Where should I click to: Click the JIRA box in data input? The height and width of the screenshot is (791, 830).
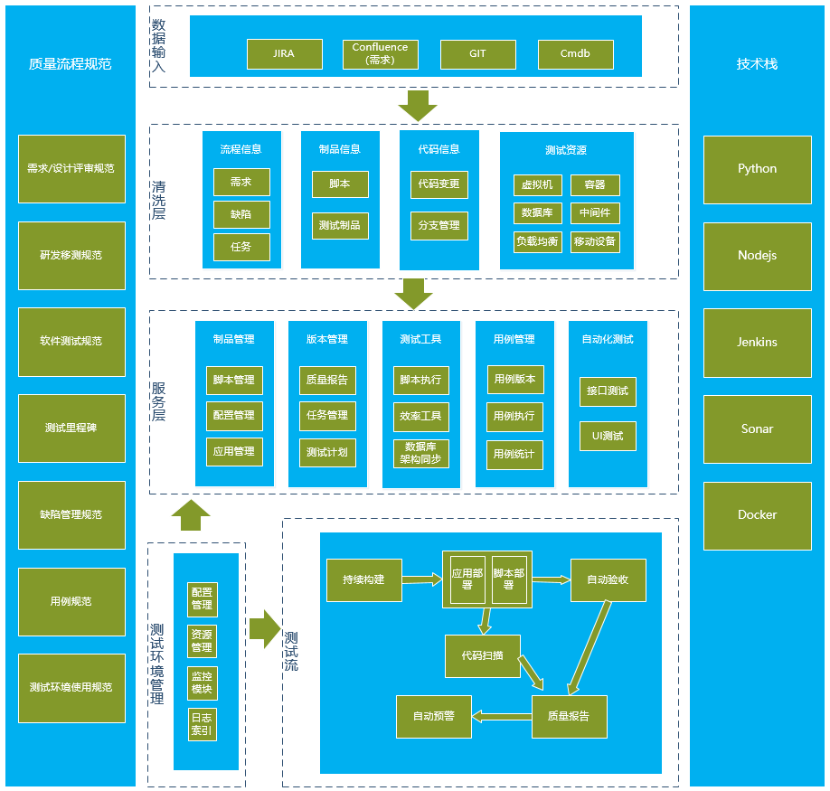click(284, 54)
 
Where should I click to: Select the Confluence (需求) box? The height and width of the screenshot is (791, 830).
click(380, 54)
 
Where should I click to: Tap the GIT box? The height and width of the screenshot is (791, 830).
click(477, 54)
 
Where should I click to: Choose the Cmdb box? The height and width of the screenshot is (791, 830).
click(575, 54)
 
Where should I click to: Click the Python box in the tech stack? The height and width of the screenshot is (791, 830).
click(757, 168)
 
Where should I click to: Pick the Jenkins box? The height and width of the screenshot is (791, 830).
click(757, 342)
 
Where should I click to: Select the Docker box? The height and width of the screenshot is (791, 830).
click(757, 514)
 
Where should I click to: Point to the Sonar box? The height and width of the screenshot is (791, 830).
click(757, 428)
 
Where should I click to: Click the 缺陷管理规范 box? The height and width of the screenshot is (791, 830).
click(71, 514)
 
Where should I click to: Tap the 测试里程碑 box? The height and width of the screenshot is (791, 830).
click(71, 428)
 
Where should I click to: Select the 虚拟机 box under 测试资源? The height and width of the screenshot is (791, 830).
click(538, 185)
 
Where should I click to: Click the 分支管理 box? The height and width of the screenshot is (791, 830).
click(439, 225)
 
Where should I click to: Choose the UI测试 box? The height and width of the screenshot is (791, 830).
click(608, 437)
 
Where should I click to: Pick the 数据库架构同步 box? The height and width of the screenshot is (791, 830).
click(420, 453)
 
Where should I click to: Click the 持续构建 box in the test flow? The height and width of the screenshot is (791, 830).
click(363, 579)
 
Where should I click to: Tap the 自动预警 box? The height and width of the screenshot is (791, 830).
click(434, 716)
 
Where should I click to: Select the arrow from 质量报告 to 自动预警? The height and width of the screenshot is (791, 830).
click(501, 717)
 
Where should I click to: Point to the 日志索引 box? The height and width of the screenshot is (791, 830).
click(202, 725)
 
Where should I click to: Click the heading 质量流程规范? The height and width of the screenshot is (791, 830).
click(71, 64)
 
